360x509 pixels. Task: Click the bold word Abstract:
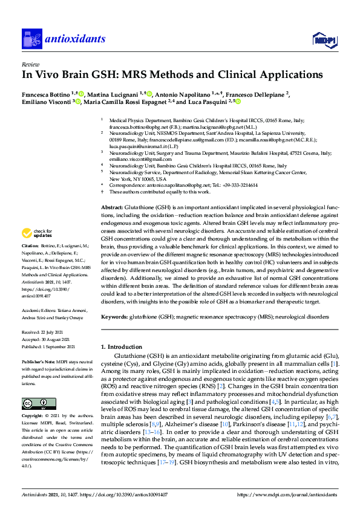tap(112, 207)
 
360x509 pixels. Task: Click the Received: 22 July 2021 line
tap(43, 332)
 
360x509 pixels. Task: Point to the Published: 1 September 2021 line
tap(48, 346)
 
